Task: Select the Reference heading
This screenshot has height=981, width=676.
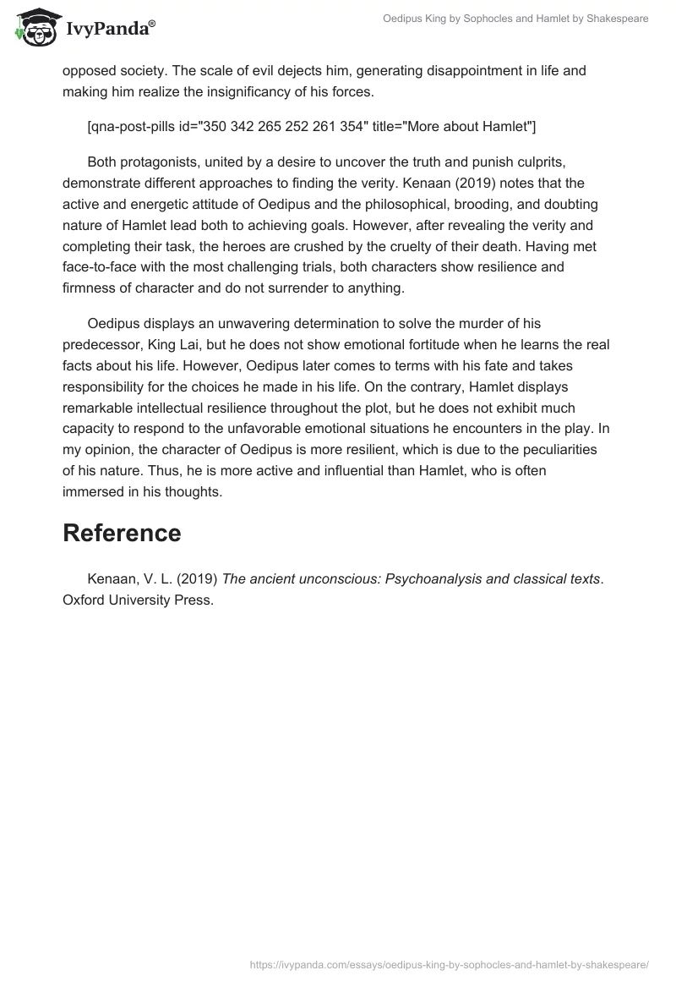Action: tap(122, 533)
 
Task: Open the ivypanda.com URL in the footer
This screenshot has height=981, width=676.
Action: tap(450, 963)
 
